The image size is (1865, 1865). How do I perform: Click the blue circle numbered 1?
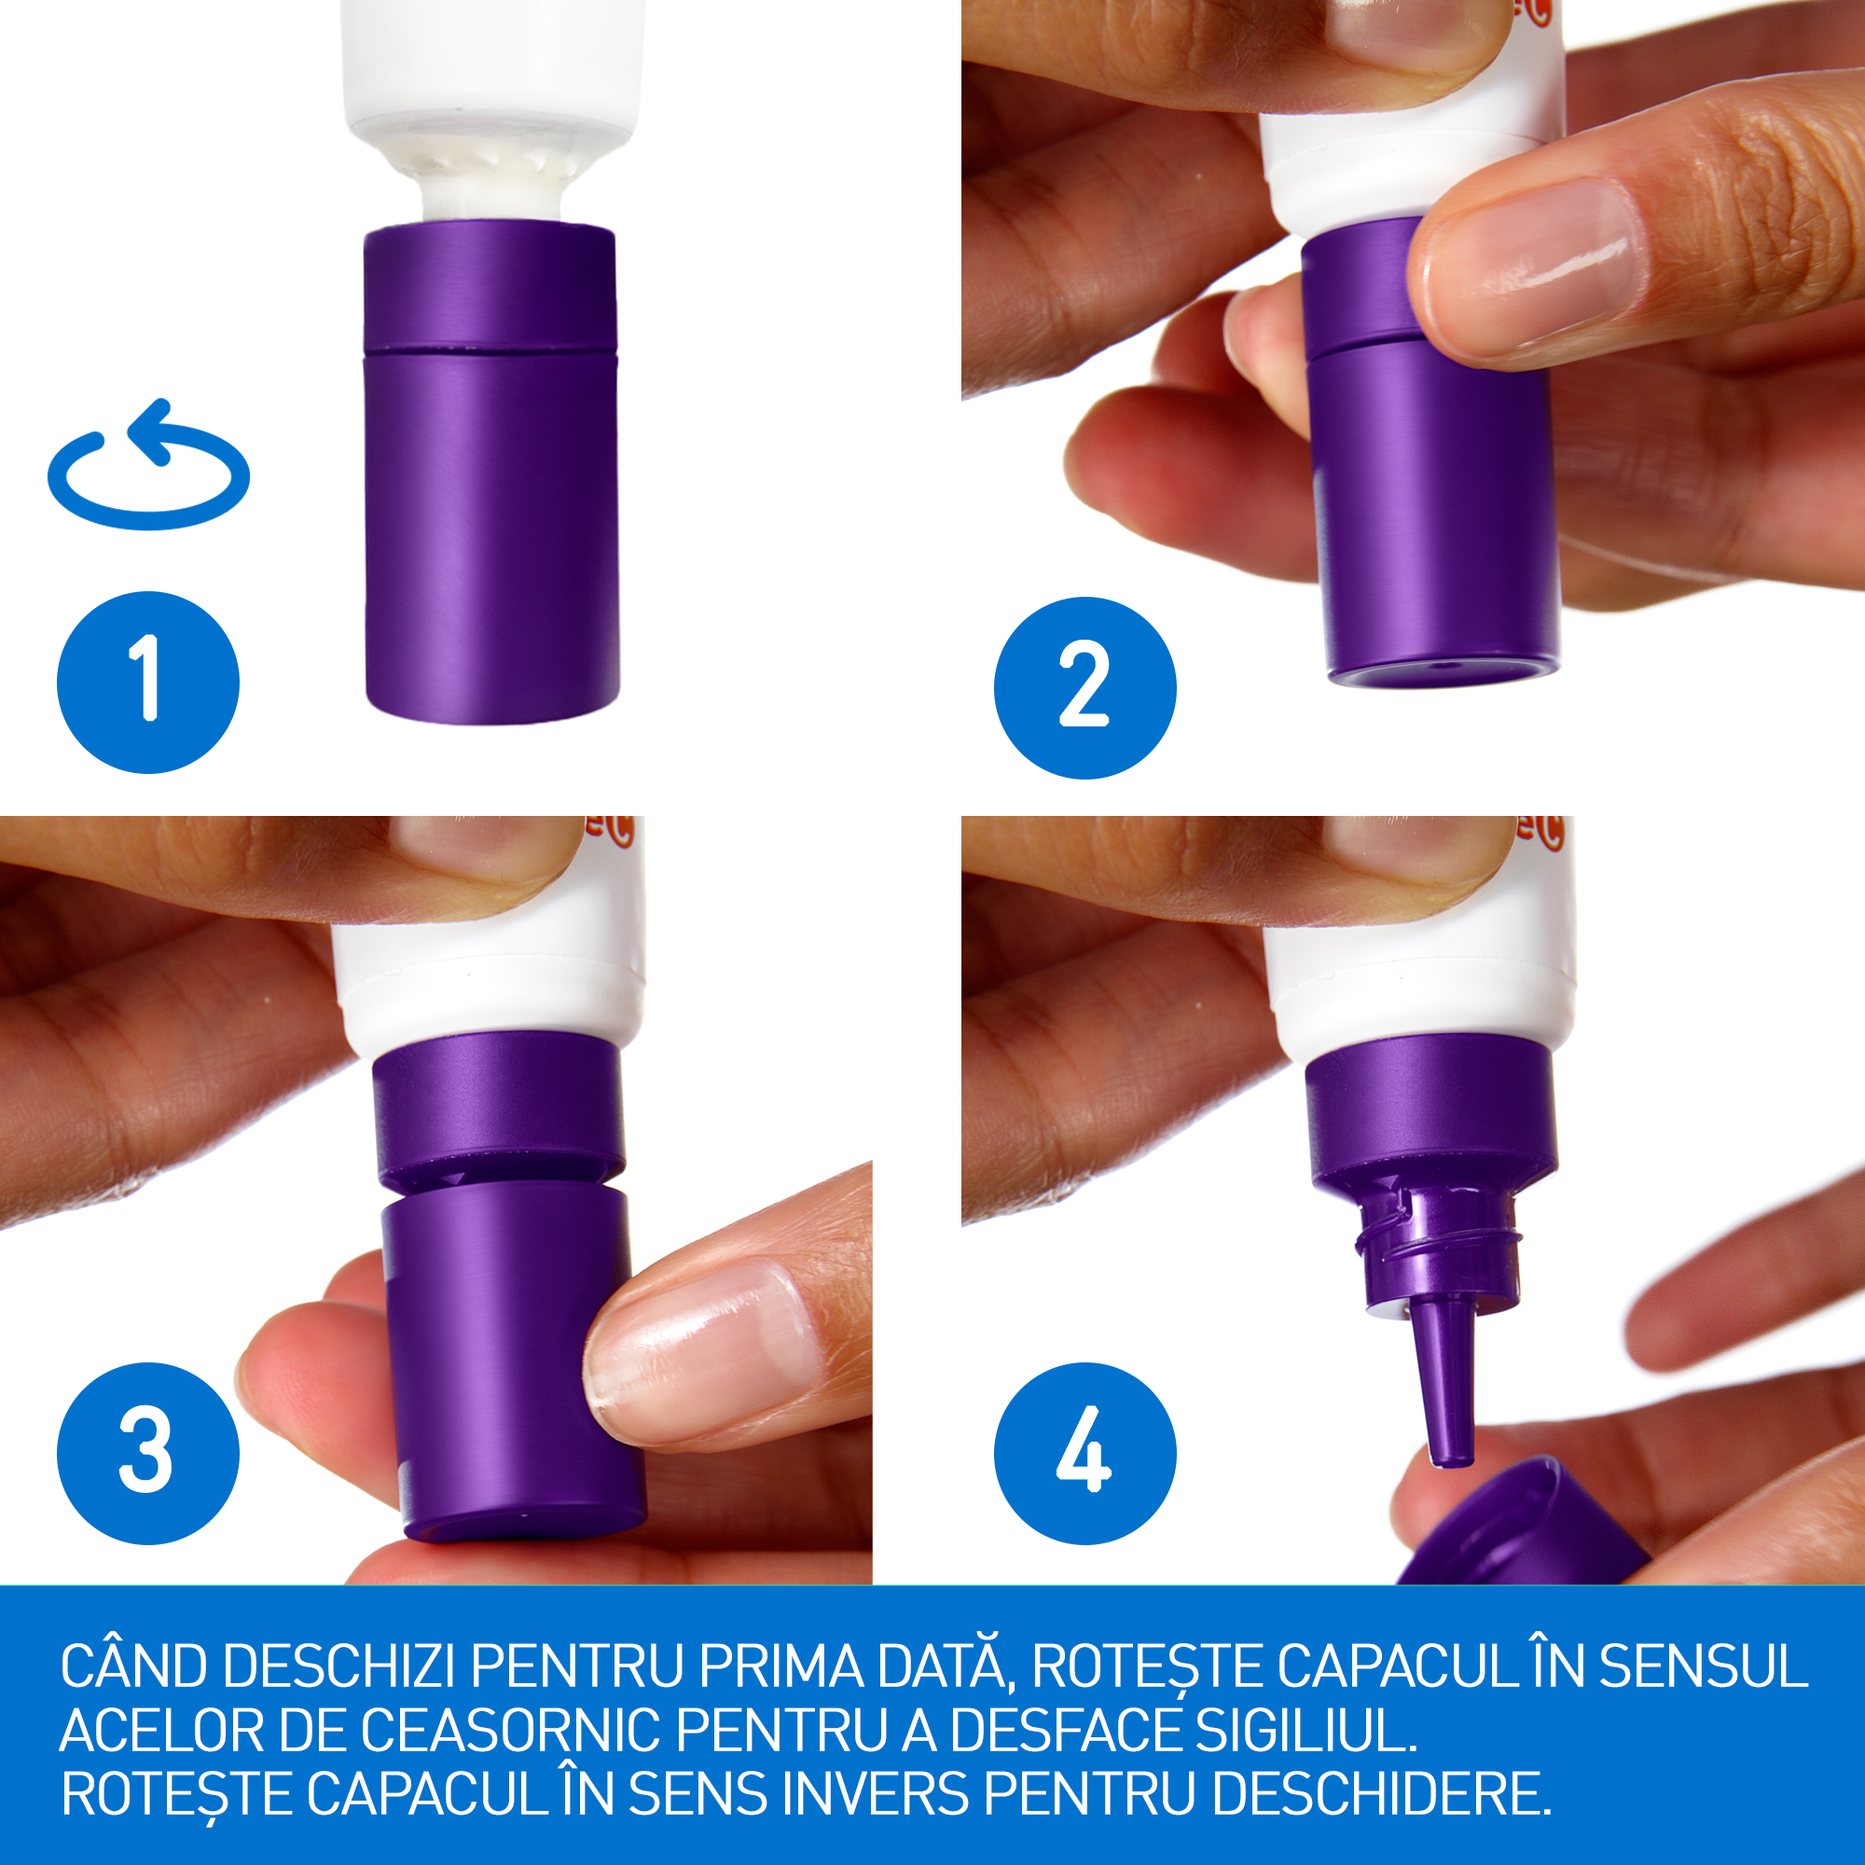pos(147,683)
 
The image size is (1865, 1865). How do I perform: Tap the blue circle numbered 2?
pos(1085,687)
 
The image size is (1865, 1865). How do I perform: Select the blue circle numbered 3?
pos(147,1453)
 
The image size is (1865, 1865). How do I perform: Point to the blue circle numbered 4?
pos(1085,1453)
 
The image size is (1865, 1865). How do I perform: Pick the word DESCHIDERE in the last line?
pos(1381,1793)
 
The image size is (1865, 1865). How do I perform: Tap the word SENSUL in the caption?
pos(1704,1667)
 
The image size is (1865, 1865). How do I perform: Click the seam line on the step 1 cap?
pos(490,350)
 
